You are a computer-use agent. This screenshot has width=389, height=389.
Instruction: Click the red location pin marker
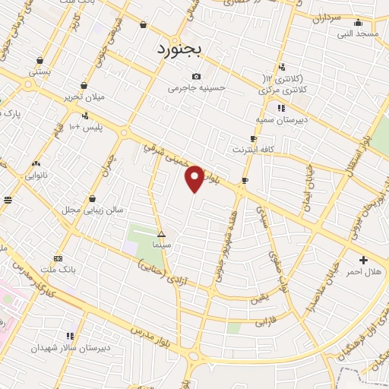(195, 178)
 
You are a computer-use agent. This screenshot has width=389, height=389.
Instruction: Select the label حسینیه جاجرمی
(197, 87)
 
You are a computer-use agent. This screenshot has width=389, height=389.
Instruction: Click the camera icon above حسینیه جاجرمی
(197, 76)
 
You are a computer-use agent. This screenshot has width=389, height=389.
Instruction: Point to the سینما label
(160, 245)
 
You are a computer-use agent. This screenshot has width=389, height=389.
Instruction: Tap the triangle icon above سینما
(160, 234)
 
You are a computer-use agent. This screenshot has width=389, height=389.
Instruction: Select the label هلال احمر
(363, 271)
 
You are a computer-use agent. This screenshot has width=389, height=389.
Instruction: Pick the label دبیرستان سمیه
(274, 119)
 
